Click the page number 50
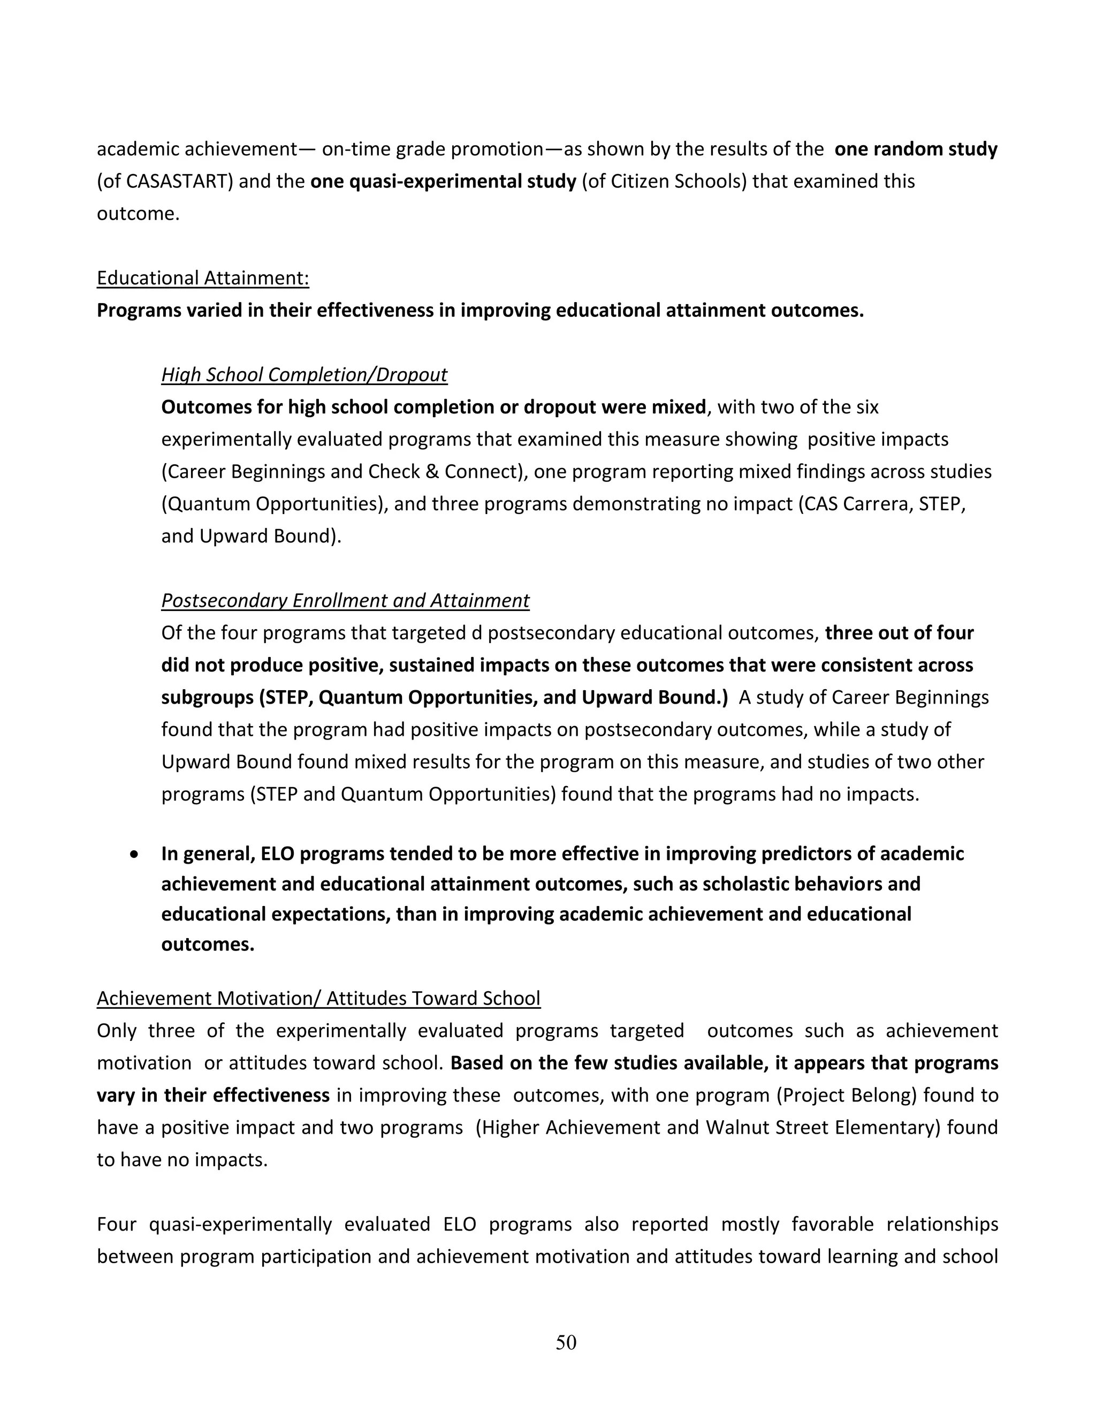566,1342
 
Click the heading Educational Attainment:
203,278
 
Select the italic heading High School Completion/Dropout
304,375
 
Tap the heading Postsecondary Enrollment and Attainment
345,600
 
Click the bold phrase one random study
916,149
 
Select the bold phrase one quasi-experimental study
443,182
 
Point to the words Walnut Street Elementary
819,1127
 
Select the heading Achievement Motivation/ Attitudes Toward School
318,998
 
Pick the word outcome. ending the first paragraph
138,214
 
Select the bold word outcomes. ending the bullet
207,944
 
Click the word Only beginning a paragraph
116,1031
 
